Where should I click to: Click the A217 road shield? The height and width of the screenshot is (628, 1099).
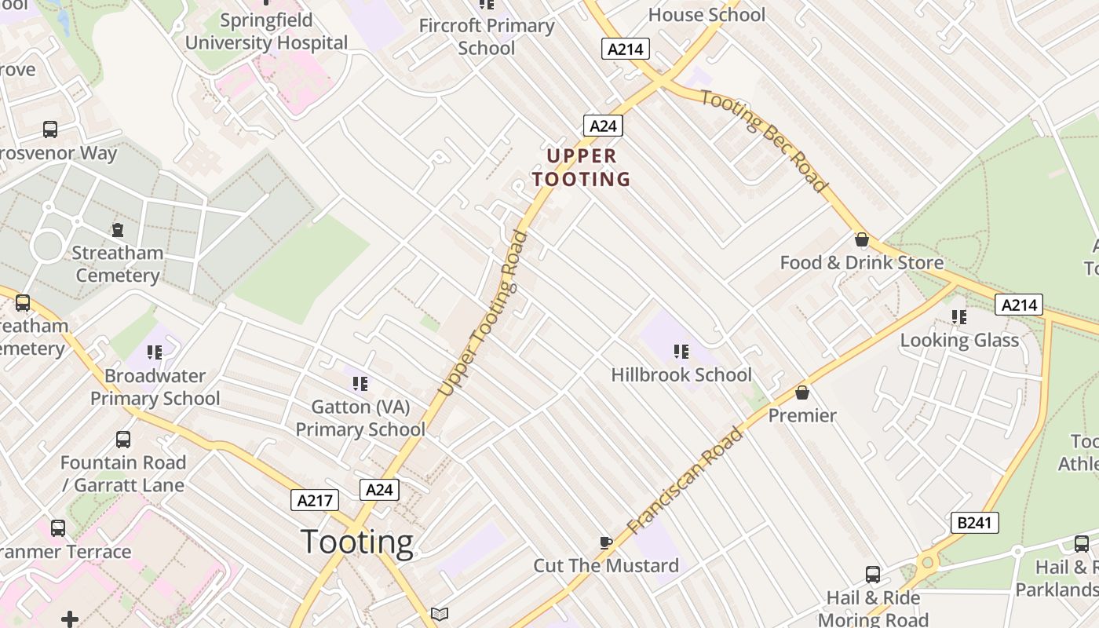pos(315,500)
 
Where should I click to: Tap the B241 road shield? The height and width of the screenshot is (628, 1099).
pos(974,522)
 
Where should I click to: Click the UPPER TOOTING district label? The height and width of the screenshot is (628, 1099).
pos(581,167)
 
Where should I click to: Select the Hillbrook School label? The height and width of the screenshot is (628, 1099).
pos(681,374)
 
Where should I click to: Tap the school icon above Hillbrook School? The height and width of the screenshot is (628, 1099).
pos(681,351)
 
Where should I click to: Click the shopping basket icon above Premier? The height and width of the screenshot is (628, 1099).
pos(802,392)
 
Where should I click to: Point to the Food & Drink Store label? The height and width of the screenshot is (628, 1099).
pos(861,262)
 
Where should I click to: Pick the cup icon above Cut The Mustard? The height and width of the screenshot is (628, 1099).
pos(605,542)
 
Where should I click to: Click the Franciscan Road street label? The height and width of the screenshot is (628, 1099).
pos(685,480)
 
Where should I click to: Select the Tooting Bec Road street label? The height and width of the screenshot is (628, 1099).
pos(764,141)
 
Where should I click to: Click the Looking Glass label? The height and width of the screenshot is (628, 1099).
pos(959,340)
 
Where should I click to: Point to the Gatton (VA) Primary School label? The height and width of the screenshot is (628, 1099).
pos(360,418)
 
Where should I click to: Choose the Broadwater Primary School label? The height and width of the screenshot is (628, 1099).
pos(155,387)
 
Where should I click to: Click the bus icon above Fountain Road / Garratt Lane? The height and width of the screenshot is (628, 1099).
pos(123,440)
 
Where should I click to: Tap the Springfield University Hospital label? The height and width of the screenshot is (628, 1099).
pos(266,31)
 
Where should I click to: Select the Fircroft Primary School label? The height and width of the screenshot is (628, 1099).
pos(487,36)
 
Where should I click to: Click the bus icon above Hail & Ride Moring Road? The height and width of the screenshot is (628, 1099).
pos(873,575)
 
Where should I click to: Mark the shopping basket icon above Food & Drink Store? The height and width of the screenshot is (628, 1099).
pos(861,239)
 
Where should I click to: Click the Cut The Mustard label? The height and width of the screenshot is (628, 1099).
pos(606,565)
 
